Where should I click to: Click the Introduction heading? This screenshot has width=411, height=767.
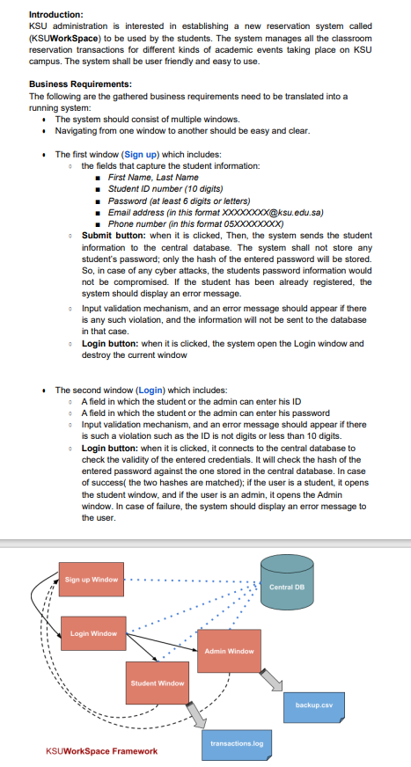[x=56, y=15]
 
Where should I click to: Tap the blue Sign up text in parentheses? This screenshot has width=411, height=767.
[x=143, y=154]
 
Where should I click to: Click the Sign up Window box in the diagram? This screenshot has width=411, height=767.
[x=92, y=580]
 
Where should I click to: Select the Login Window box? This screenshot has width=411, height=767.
[x=92, y=633]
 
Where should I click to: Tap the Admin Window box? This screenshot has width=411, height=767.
[x=229, y=652]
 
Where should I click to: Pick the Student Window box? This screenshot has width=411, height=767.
[x=158, y=683]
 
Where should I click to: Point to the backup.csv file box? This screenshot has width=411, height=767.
[x=314, y=705]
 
